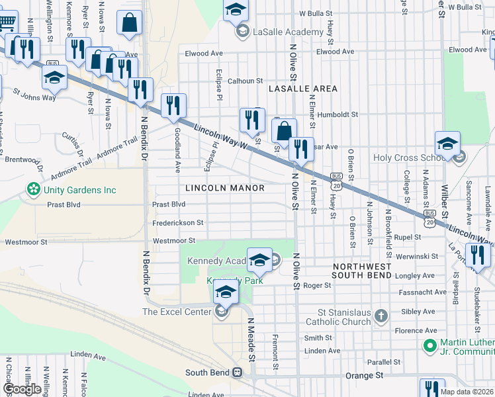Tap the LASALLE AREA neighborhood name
[302, 89]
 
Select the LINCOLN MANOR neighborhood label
[225, 189]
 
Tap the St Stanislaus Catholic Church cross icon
[381, 316]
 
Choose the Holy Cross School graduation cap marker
[447, 144]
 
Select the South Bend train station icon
[236, 373]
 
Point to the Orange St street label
[364, 375]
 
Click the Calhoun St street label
[246, 81]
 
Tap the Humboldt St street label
[337, 114]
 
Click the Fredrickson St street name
[177, 223]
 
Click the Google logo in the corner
[22, 389]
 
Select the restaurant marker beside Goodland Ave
[173, 105]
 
